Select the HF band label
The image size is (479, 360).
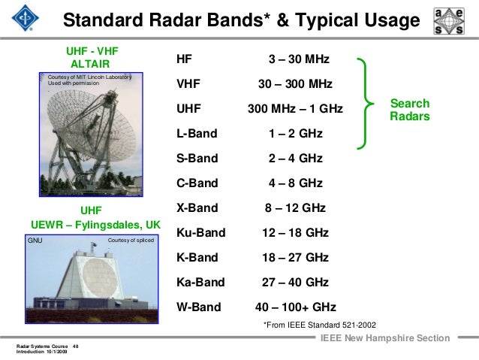[x=184, y=59]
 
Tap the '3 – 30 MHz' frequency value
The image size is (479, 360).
[x=299, y=59]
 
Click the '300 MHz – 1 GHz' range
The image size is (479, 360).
[x=295, y=109]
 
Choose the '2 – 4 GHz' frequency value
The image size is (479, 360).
[x=295, y=159]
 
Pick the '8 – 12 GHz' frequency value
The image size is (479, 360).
[x=295, y=207]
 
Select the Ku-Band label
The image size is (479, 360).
[x=200, y=233]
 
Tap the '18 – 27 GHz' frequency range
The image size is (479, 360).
[x=295, y=257]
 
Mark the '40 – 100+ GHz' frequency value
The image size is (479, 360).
[x=296, y=307]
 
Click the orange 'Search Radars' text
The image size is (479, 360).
[x=410, y=110]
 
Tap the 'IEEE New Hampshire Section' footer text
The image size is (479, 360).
[x=384, y=339]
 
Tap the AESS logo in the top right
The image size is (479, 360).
[x=449, y=20]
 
